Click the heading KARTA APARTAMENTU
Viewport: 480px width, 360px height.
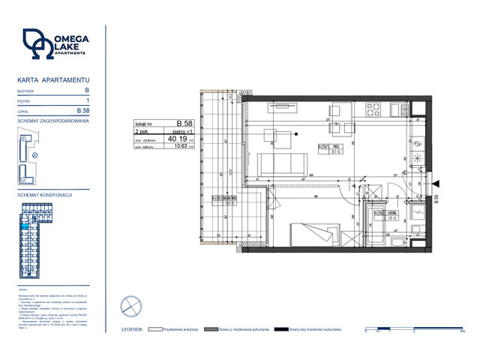click(x=53, y=79)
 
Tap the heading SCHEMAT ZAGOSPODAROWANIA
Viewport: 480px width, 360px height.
click(x=53, y=120)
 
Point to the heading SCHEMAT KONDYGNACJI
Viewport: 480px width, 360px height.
click(x=44, y=194)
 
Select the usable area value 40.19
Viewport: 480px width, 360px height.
click(x=178, y=138)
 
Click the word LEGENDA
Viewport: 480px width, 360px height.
click(x=132, y=328)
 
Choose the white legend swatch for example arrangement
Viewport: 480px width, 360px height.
click(x=156, y=328)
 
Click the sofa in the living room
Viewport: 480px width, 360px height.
click(x=279, y=163)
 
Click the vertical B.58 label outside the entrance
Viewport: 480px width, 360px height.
click(x=436, y=198)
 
